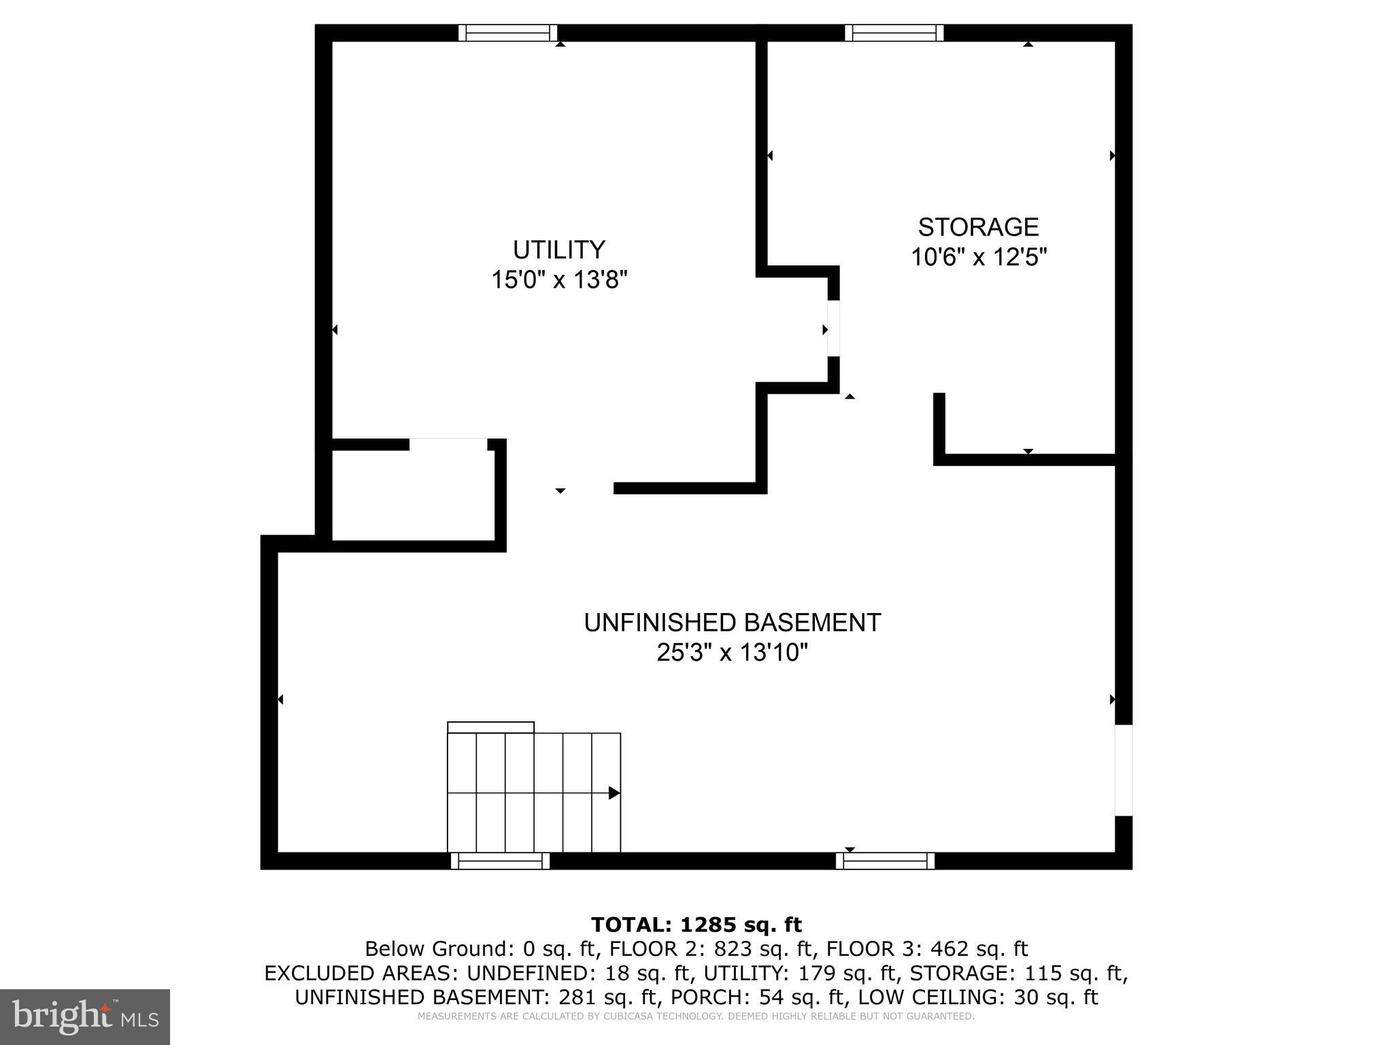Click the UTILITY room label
click(x=558, y=250)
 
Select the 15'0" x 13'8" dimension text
click(x=558, y=280)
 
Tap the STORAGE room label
click(x=978, y=227)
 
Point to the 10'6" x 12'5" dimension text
click(x=978, y=257)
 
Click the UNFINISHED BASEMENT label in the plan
click(x=732, y=623)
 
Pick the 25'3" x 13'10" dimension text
click(x=732, y=653)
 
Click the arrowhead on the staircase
click(x=614, y=793)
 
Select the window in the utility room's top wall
click(x=507, y=33)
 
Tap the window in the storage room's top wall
click(x=894, y=33)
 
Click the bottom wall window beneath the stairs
click(x=500, y=861)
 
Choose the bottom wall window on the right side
click(x=885, y=861)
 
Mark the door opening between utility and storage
click(x=833, y=329)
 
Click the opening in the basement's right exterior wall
click(x=1124, y=769)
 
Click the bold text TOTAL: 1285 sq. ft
click(x=696, y=925)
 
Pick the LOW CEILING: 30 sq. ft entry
click(x=977, y=997)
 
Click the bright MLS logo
click(x=85, y=1016)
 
